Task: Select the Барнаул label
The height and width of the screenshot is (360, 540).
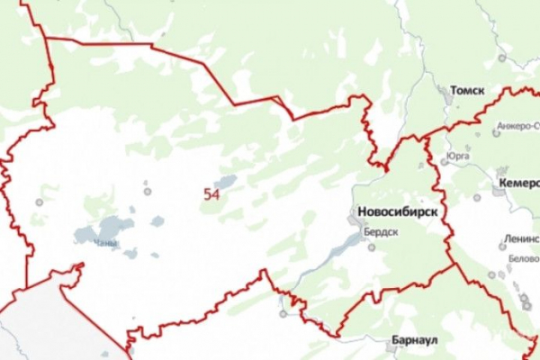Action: coord(415,342)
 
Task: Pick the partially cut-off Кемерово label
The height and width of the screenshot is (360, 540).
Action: coord(517,183)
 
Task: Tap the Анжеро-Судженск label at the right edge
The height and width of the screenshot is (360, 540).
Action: coord(517,125)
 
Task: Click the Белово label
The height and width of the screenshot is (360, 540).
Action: coord(523,257)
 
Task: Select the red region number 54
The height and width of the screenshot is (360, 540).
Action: coord(212,193)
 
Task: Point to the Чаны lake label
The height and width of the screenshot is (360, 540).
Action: coord(105,242)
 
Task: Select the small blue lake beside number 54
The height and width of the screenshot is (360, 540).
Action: coord(226,182)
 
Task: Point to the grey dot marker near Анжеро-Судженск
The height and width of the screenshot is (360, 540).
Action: coord(496,134)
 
